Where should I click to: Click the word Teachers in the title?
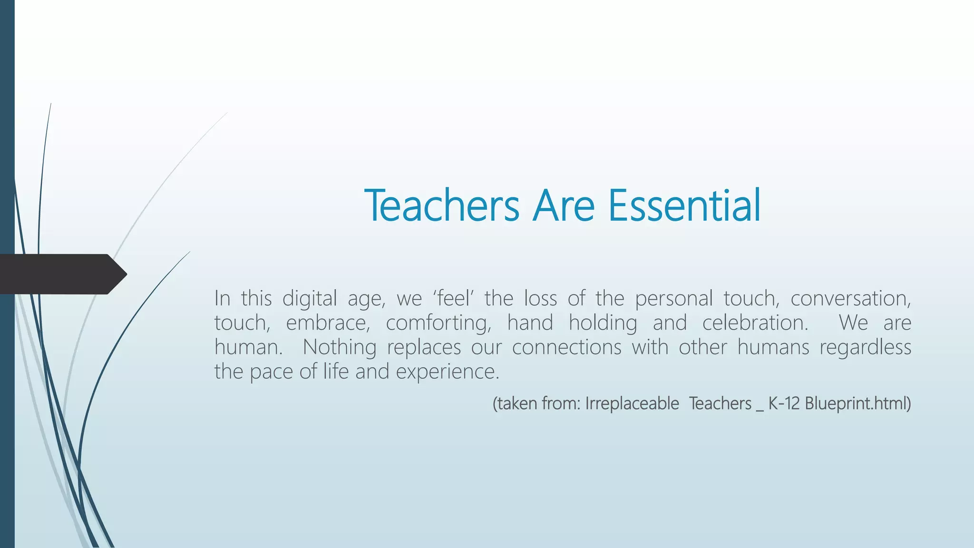(x=442, y=205)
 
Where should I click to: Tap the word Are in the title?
(x=564, y=205)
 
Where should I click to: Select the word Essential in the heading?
(x=684, y=205)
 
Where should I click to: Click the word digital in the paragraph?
(x=310, y=299)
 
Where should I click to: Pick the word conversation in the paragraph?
(x=850, y=299)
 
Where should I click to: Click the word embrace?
(x=328, y=323)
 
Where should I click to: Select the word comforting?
(x=438, y=323)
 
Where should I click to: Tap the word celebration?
(x=755, y=323)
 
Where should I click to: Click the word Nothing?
(x=340, y=347)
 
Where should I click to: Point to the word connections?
(x=566, y=347)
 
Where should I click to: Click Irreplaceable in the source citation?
(x=632, y=404)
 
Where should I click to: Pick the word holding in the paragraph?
(x=603, y=323)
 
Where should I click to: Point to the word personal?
(x=674, y=299)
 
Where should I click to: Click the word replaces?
(x=424, y=347)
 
